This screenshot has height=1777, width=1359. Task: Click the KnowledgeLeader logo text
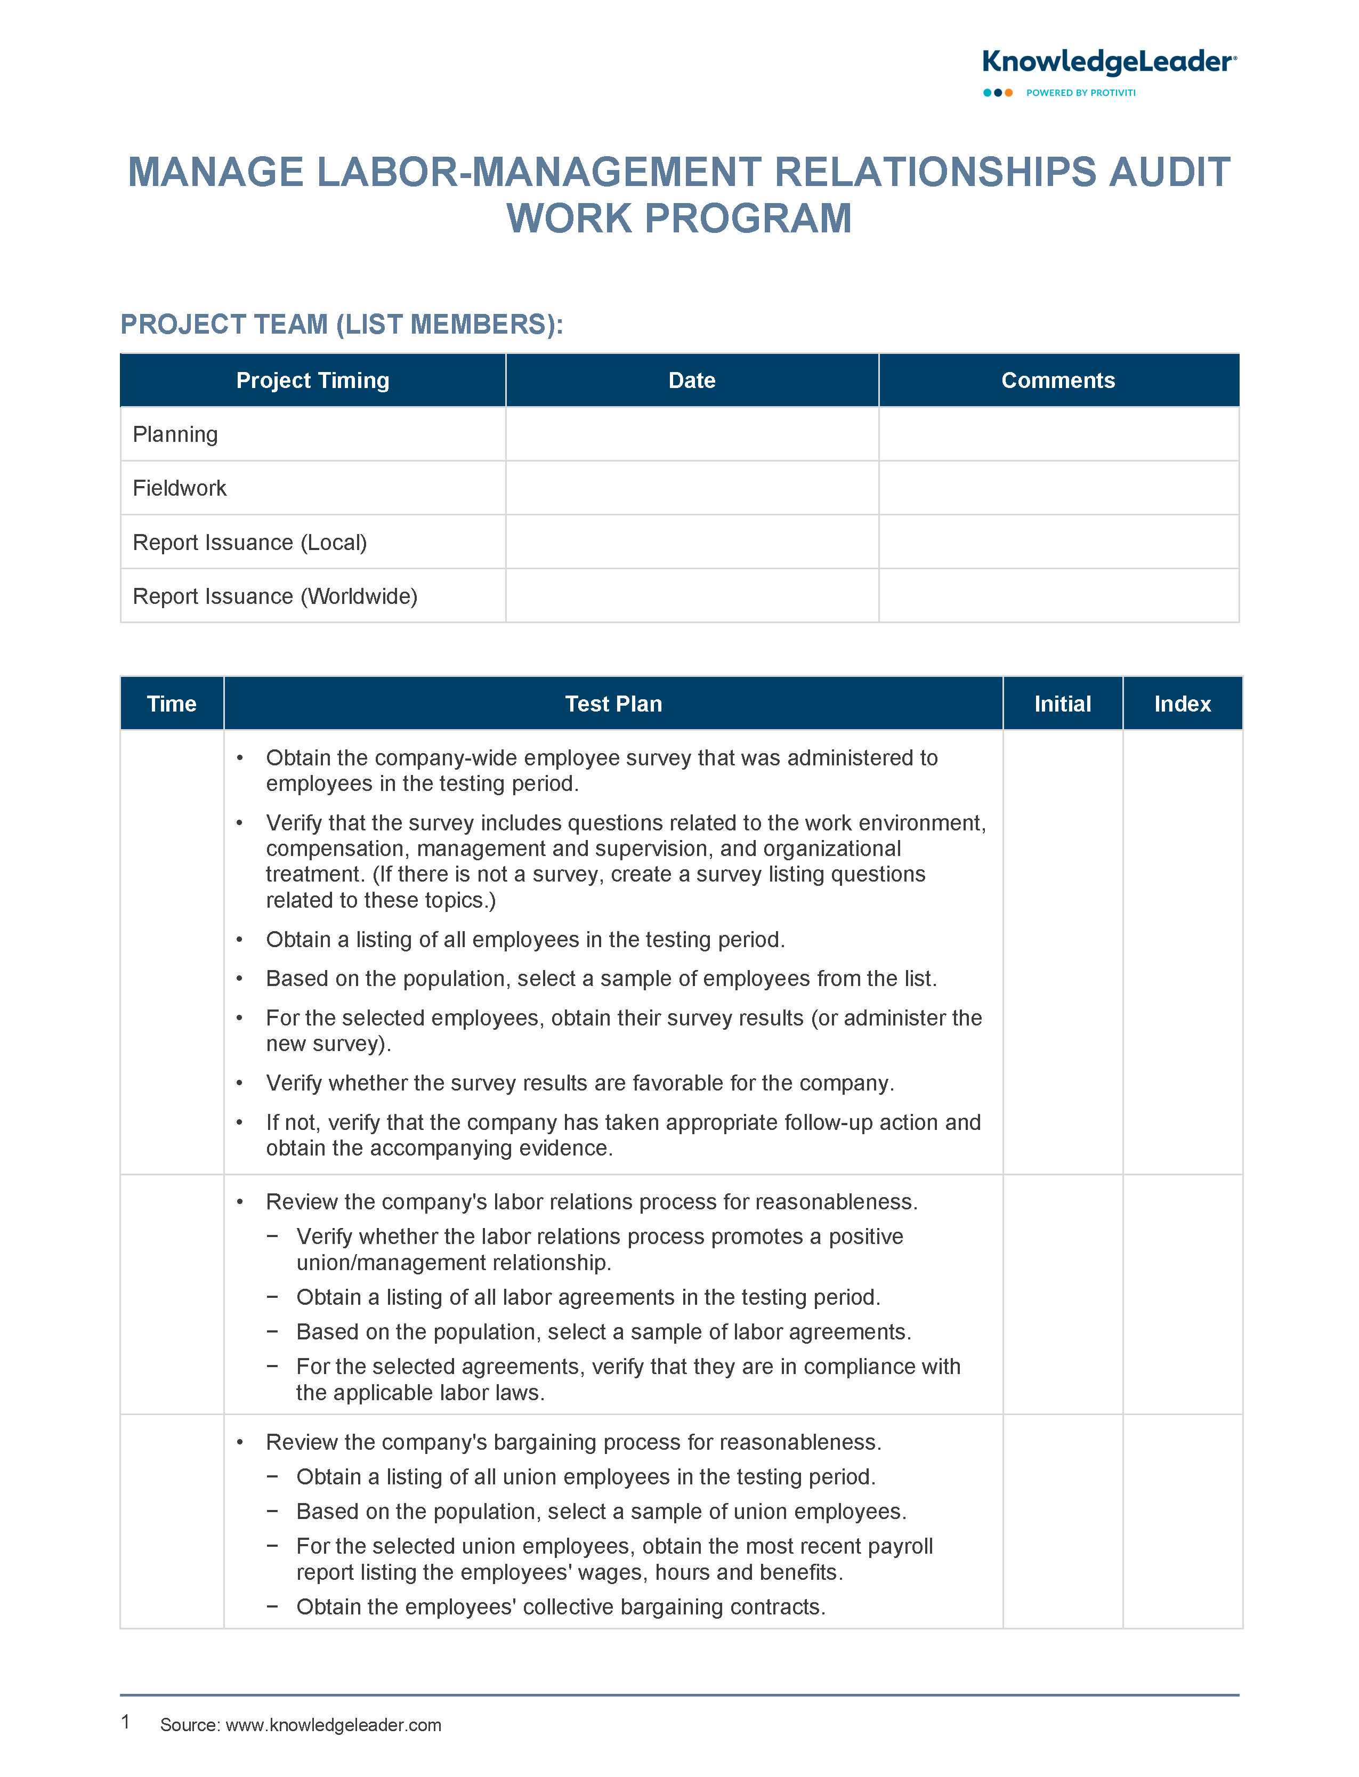pos(1108,62)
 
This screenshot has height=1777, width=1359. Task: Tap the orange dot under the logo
pos(1009,93)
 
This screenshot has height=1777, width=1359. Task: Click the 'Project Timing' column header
pos(312,380)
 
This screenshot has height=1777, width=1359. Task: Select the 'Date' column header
pos(692,380)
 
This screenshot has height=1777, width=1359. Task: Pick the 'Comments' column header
pos(1057,380)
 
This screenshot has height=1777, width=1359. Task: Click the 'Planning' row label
pos(175,434)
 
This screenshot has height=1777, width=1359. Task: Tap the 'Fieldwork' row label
pos(180,488)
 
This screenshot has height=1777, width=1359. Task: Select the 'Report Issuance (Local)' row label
pos(249,542)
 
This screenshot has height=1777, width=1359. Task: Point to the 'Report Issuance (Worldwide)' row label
pos(274,596)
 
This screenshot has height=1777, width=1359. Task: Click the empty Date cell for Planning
pos(692,434)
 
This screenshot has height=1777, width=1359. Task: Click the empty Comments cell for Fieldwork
pos(1058,488)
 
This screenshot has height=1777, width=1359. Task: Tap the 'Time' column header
pos(172,704)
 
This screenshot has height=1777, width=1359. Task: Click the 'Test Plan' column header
pos(613,704)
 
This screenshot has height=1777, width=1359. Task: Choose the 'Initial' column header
pos(1062,704)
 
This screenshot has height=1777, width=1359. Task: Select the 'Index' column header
pos(1182,704)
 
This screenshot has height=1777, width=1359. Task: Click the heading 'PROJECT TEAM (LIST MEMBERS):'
pos(342,325)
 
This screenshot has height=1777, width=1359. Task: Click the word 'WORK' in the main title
pos(569,219)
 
